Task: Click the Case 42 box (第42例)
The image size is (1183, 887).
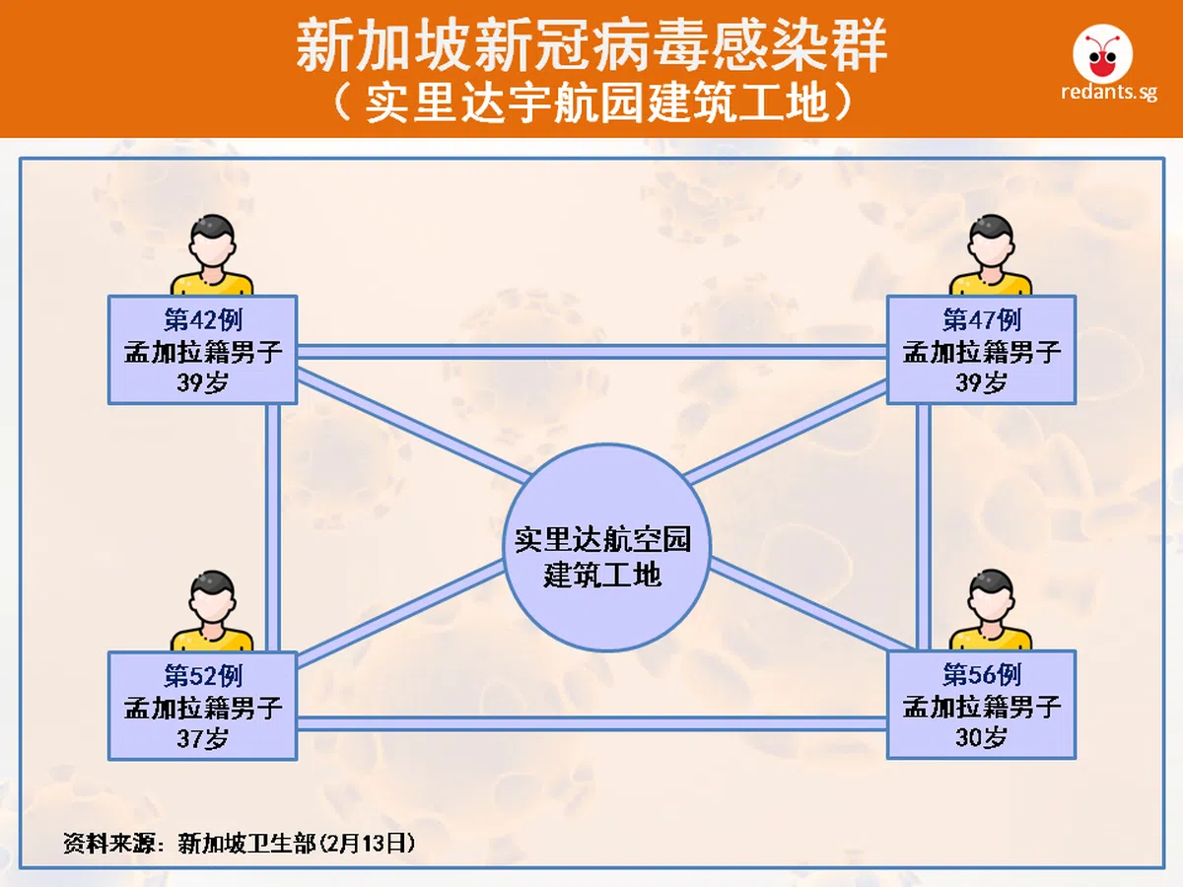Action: [202, 350]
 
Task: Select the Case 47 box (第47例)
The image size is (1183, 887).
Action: [981, 350]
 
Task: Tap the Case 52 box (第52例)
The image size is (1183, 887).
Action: [202, 706]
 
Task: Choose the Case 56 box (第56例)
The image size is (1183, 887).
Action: [981, 706]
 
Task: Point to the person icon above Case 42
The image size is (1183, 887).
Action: [212, 256]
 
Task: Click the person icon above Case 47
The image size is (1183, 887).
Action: [991, 256]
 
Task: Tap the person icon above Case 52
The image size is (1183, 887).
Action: [212, 613]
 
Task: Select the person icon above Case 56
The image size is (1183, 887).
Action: [991, 613]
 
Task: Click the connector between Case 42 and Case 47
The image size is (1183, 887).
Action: [591, 351]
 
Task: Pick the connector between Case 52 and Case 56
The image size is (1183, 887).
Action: [591, 723]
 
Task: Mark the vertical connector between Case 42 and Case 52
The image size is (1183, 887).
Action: [273, 527]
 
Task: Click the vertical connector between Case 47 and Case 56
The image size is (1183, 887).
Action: [923, 527]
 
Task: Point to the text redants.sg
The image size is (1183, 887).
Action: [1108, 95]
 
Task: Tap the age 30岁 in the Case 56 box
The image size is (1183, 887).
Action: [981, 737]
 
